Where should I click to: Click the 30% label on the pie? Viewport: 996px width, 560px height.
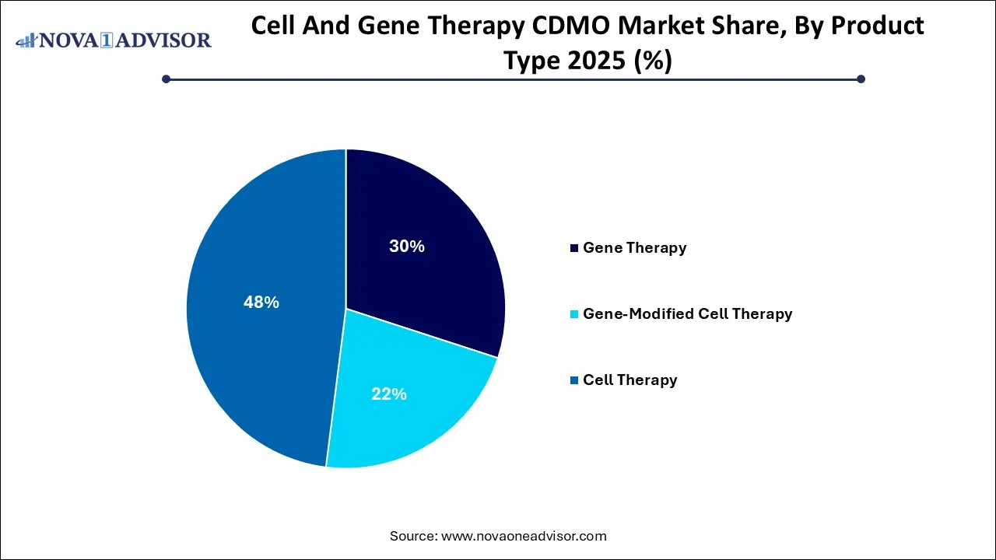click(407, 247)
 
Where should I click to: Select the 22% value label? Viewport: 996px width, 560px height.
click(389, 394)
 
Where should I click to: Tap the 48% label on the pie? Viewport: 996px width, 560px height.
click(261, 303)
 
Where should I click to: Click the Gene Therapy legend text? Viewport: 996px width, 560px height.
click(634, 248)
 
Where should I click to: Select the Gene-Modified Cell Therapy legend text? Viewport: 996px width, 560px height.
click(687, 314)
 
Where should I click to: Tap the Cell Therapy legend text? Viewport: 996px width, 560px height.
click(630, 380)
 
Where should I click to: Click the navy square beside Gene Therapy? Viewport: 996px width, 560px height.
click(574, 248)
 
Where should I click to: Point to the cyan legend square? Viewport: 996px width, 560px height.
click(574, 314)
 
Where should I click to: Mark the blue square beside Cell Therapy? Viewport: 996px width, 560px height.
click(574, 380)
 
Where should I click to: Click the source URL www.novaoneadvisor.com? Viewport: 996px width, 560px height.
click(524, 536)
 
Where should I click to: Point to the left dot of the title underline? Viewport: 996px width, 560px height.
click(166, 79)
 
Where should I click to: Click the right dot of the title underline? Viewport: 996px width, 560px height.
click(861, 79)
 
